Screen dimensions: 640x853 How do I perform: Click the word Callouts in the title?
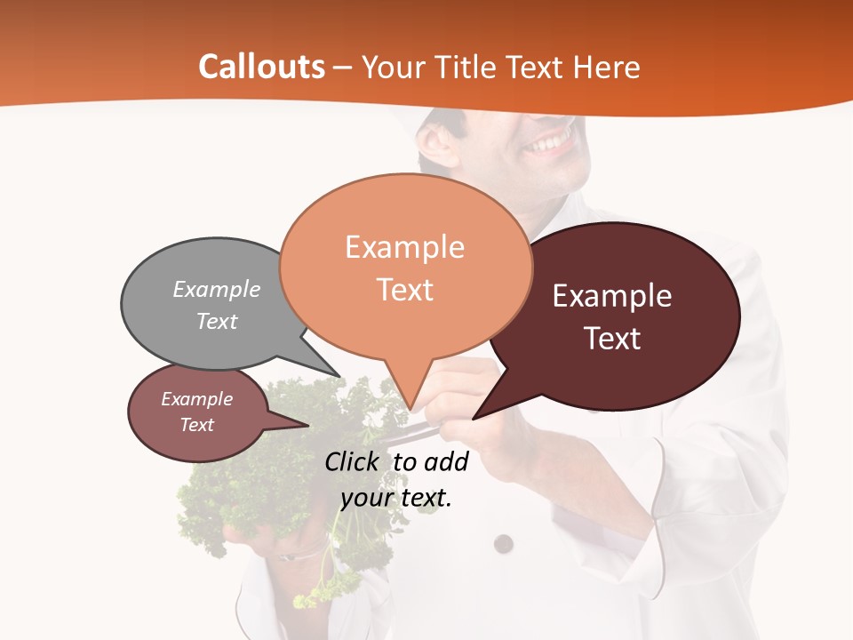[261, 67]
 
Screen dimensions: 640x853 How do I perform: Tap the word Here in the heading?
[607, 67]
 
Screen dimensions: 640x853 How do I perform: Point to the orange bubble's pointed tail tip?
[410, 410]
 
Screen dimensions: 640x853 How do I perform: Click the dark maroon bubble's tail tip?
[474, 419]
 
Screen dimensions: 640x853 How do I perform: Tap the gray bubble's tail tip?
[339, 376]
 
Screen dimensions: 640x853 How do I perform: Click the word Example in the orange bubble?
[404, 247]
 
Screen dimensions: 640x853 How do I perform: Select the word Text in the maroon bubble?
[612, 339]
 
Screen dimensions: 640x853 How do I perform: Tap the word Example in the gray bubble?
[217, 289]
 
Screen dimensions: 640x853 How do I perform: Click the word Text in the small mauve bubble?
[197, 425]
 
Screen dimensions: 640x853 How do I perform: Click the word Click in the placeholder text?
[352, 461]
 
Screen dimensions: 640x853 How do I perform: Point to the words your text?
[396, 498]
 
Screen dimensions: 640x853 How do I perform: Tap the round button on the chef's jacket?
[504, 543]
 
